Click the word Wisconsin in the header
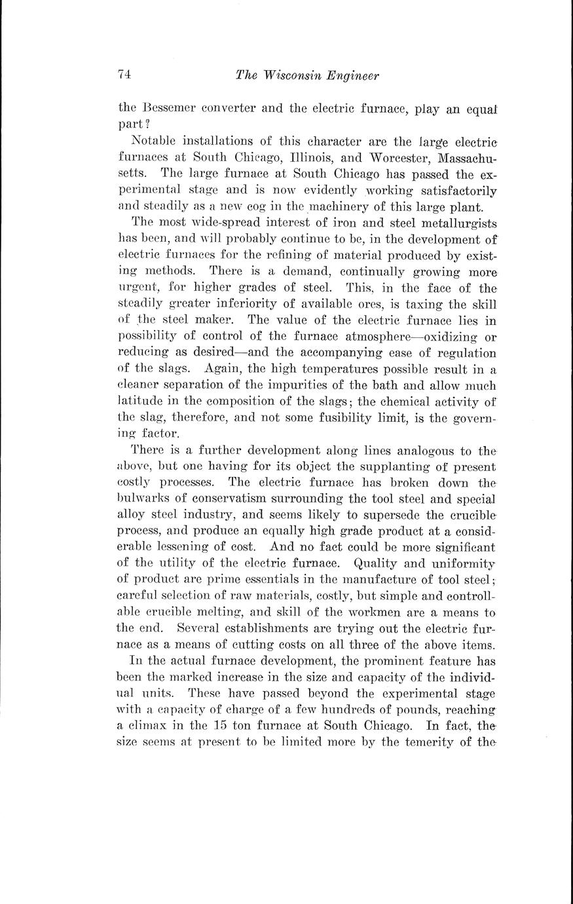[295, 75]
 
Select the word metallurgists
[451, 223]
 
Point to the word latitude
[139, 402]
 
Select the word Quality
[375, 563]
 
